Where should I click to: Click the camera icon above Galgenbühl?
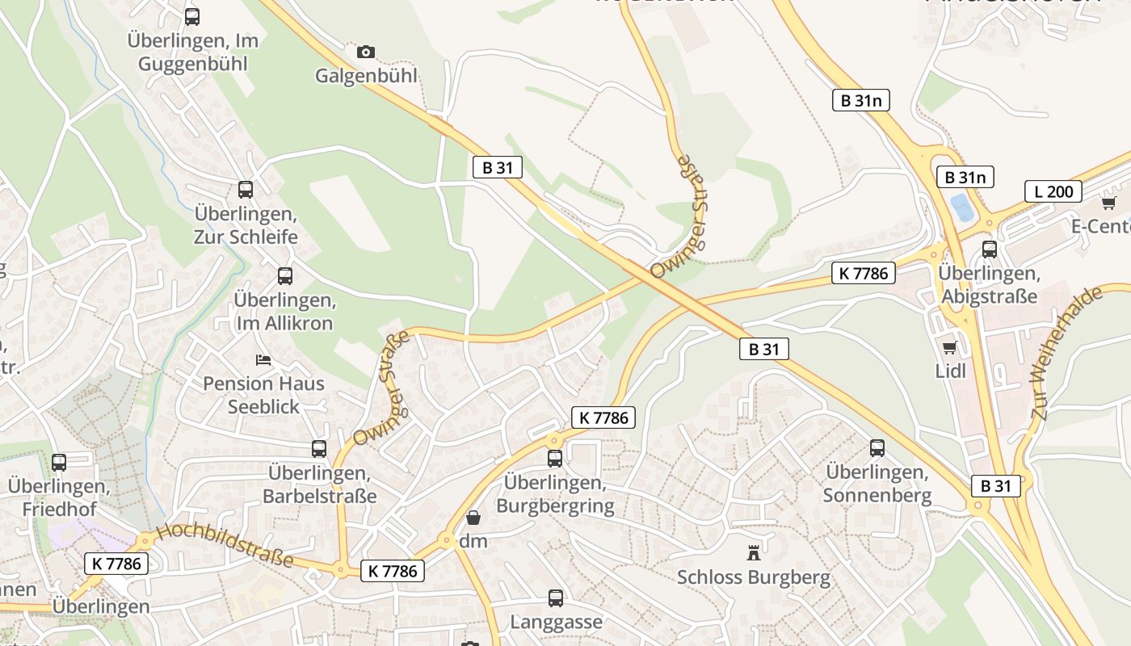click(366, 52)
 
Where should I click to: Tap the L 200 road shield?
click(1053, 191)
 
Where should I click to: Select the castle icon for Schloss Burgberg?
click(754, 553)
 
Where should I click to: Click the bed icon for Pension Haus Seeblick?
click(263, 359)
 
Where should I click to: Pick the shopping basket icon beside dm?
click(473, 517)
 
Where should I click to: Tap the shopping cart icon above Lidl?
click(950, 347)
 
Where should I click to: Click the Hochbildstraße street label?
click(225, 545)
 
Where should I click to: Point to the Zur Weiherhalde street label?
click(1066, 352)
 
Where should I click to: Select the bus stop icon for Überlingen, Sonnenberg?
click(877, 447)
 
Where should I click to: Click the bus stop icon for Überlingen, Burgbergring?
click(555, 459)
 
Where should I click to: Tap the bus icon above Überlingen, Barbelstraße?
click(319, 448)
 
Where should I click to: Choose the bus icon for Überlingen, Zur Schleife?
click(246, 190)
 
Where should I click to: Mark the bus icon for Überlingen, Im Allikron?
click(285, 276)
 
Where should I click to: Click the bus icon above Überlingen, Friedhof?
click(58, 463)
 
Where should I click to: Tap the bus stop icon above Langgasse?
click(556, 598)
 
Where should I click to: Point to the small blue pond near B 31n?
click(962, 208)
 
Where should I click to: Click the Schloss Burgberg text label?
click(754, 577)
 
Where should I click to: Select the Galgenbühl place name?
click(366, 76)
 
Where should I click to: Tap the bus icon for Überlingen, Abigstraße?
click(990, 250)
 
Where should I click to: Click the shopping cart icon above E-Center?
click(1108, 202)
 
